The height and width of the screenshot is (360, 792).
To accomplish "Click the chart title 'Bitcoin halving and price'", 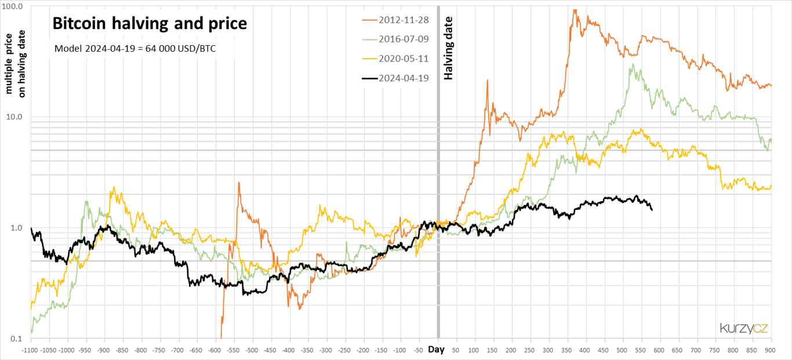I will (x=150, y=24).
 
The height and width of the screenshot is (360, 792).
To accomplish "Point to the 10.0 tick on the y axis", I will (x=14, y=117).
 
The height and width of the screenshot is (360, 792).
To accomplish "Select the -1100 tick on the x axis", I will (x=30, y=350).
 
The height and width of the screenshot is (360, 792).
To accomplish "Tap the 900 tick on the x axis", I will (x=771, y=350).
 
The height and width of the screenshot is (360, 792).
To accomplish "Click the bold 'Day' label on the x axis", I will (x=437, y=350).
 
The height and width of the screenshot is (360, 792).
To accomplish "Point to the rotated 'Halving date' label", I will (x=448, y=48).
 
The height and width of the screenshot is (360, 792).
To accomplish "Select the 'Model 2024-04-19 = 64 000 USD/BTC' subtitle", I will (x=135, y=49).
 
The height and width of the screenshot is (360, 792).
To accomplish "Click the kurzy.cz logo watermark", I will (x=744, y=328).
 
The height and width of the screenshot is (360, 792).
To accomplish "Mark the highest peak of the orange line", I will (x=575, y=9).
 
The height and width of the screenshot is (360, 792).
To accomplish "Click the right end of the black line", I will (x=652, y=210).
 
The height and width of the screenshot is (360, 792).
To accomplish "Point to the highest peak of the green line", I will (x=633, y=64).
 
